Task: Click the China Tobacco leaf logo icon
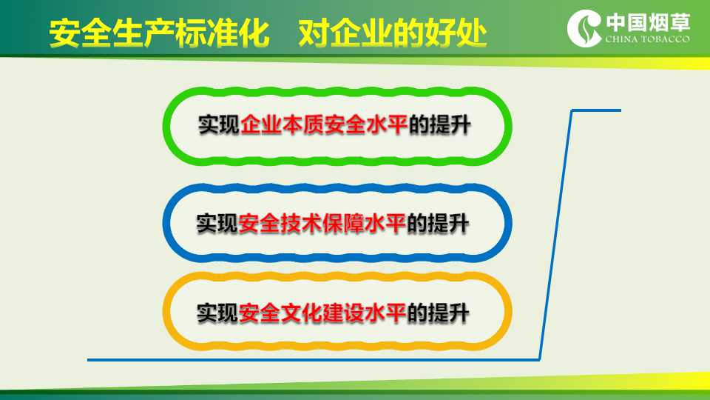click(x=584, y=27)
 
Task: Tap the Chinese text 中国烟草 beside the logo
click(x=648, y=22)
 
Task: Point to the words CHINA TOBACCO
click(x=648, y=39)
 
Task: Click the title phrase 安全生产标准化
click(x=159, y=33)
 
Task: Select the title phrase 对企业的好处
click(x=393, y=33)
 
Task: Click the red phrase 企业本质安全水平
click(x=324, y=124)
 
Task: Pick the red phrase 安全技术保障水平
click(x=322, y=223)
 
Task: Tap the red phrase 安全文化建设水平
click(x=322, y=313)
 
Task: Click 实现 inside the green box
click(x=219, y=124)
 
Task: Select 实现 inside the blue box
click(x=217, y=223)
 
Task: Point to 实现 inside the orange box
click(x=217, y=313)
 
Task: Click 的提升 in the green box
click(x=439, y=124)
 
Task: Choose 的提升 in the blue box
click(x=437, y=223)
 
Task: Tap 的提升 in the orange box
click(x=437, y=313)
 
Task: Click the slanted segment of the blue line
click(x=555, y=235)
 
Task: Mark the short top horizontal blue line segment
click(x=596, y=110)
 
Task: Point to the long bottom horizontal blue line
click(x=314, y=360)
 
